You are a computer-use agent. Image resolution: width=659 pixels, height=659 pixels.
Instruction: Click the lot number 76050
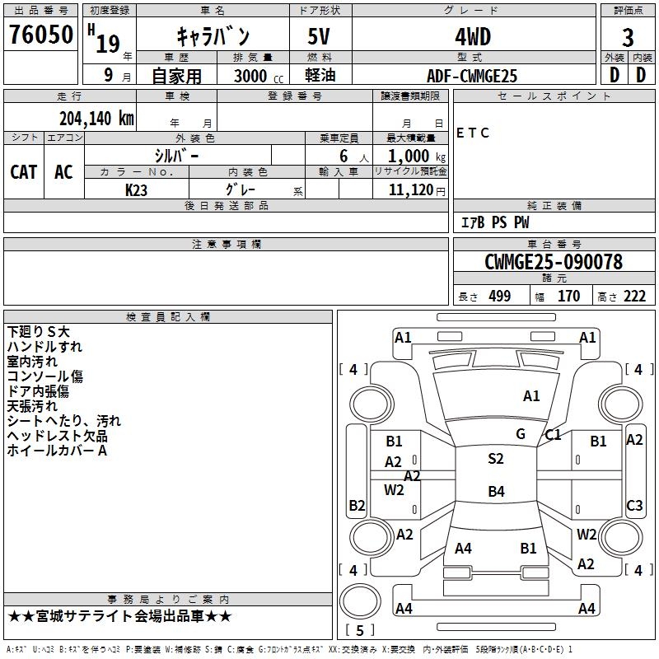tap(41, 35)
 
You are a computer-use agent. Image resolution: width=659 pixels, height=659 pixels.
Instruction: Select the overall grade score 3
tap(628, 38)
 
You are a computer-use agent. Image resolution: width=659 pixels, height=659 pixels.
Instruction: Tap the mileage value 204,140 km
tap(96, 119)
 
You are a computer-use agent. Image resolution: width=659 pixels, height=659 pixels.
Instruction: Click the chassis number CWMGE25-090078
tap(554, 262)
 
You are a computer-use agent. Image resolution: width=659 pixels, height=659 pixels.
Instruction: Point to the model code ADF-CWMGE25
tap(472, 76)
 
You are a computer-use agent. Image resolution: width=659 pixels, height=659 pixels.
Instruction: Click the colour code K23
tap(136, 190)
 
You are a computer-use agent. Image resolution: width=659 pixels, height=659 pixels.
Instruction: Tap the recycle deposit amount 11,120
tap(411, 190)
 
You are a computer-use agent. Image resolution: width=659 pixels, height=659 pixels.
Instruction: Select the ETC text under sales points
tap(472, 133)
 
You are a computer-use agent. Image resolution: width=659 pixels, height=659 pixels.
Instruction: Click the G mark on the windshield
tap(521, 434)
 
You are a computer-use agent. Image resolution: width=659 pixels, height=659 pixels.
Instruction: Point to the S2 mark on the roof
tap(496, 459)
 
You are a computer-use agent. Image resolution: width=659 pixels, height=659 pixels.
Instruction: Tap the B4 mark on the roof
tap(497, 491)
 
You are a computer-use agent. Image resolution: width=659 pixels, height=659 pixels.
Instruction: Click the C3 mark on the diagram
tap(634, 506)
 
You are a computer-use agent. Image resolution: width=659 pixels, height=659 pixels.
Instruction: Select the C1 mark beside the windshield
tap(553, 435)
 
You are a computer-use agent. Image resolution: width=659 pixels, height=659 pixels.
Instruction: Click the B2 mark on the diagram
tap(357, 506)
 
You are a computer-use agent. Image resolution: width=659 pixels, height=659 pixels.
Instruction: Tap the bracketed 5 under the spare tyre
tap(360, 630)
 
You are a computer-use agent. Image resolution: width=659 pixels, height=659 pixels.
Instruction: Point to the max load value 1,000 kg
tap(417, 157)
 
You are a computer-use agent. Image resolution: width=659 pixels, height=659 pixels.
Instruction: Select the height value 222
tap(634, 297)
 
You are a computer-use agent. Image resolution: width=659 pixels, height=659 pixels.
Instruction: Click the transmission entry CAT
tap(24, 172)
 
